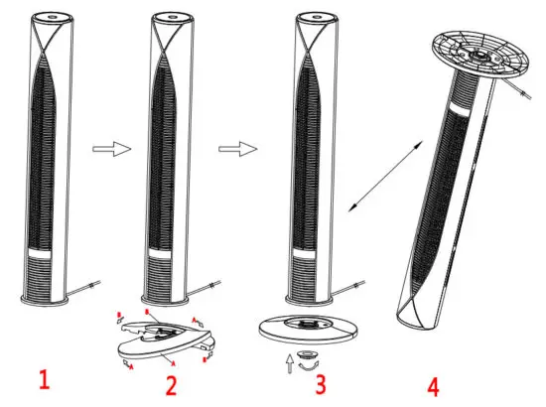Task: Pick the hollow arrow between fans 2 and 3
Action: tap(235, 149)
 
